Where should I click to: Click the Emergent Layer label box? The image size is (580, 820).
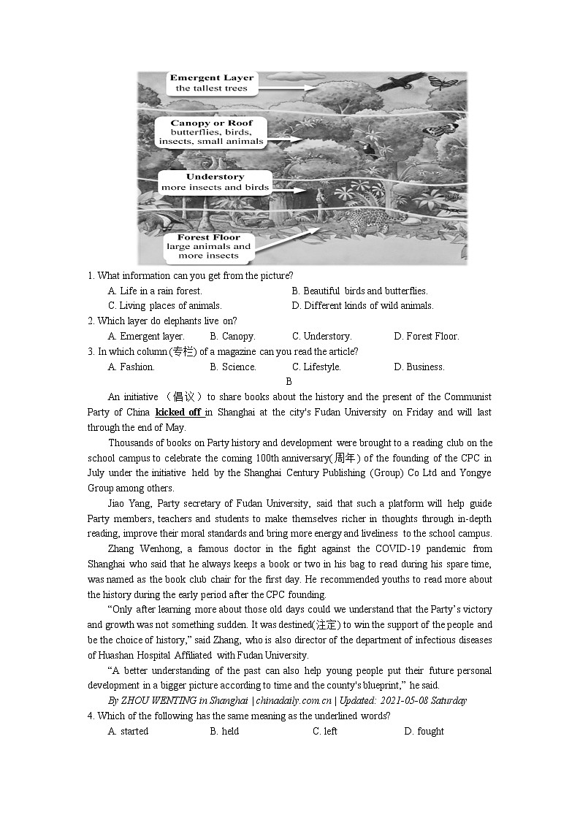click(x=212, y=83)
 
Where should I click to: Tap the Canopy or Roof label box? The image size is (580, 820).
click(x=212, y=132)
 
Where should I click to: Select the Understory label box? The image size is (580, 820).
click(x=215, y=182)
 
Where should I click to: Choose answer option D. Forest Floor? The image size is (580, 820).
click(x=426, y=337)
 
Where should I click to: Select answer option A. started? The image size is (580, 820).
click(x=128, y=732)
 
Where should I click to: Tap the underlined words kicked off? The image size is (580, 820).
click(x=178, y=413)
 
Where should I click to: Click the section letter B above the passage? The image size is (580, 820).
click(x=289, y=382)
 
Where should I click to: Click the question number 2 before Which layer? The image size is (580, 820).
click(x=91, y=321)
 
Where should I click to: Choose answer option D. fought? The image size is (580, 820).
click(x=424, y=732)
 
